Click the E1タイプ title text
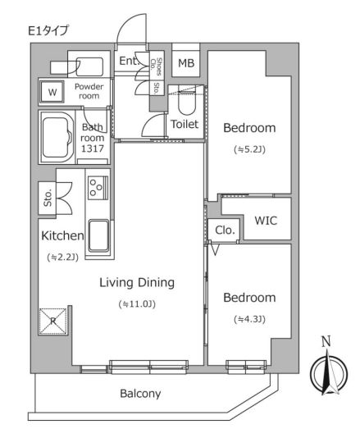(x=49, y=31)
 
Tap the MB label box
(x=185, y=63)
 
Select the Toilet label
(x=185, y=125)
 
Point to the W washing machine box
(x=52, y=92)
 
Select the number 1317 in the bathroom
(x=93, y=149)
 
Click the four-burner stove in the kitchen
(x=98, y=189)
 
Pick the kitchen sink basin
(x=98, y=238)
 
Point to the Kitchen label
(x=62, y=236)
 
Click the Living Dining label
(x=137, y=283)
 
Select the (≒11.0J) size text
(x=137, y=304)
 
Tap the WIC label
(x=266, y=220)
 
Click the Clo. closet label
(x=225, y=230)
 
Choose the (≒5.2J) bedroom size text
(x=248, y=148)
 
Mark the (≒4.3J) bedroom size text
(x=248, y=318)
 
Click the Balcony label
(x=140, y=393)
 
